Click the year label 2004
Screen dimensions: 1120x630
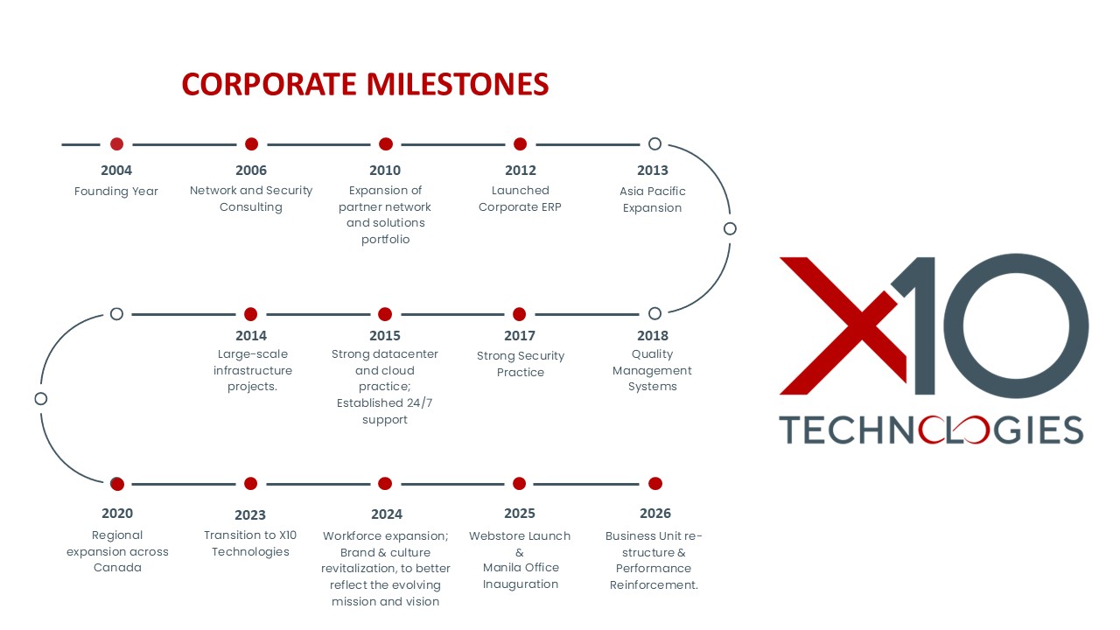point(116,171)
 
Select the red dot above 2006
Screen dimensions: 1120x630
point(251,144)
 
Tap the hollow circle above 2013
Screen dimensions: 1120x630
point(654,144)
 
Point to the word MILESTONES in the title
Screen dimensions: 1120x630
point(458,83)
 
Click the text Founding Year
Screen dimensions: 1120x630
point(116,191)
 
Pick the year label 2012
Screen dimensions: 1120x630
point(520,171)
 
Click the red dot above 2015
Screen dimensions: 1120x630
point(385,314)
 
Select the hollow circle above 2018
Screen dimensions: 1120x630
point(654,313)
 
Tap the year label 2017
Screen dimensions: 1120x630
point(520,335)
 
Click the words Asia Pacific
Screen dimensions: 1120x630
point(653,191)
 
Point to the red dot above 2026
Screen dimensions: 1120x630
point(655,484)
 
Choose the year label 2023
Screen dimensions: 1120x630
point(250,515)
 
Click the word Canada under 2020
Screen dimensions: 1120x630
point(117,568)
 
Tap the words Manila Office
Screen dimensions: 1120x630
point(521,568)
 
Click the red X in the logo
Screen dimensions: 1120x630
point(843,326)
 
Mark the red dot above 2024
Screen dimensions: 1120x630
point(385,484)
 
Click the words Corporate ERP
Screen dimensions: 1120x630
point(520,207)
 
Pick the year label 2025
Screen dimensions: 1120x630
point(520,514)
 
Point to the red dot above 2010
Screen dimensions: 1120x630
point(386,144)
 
